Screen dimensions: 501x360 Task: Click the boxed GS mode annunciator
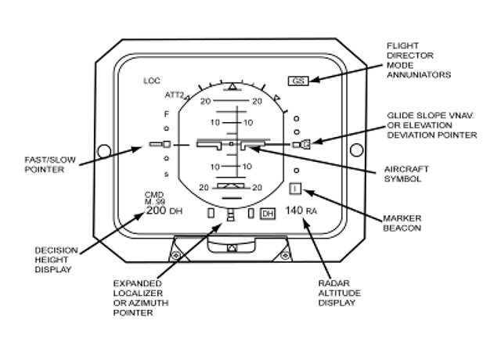(298, 81)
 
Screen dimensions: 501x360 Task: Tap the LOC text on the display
(152, 81)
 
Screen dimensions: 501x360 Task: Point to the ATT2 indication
(175, 95)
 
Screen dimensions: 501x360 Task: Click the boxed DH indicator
(268, 214)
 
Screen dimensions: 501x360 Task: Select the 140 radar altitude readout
(294, 211)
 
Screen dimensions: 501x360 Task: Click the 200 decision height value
(157, 211)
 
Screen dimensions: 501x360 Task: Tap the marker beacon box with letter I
(295, 189)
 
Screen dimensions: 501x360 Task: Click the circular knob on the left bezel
(104, 151)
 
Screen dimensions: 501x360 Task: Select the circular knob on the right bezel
(357, 149)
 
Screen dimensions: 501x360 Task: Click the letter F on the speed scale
(167, 114)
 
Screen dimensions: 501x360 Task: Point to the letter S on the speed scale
(167, 175)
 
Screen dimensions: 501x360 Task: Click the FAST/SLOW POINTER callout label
(50, 164)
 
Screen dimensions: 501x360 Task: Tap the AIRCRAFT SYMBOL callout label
(406, 174)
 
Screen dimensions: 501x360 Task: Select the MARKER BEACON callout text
(402, 223)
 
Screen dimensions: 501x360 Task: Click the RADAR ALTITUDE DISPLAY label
(339, 293)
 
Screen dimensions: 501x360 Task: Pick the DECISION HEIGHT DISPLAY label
(56, 260)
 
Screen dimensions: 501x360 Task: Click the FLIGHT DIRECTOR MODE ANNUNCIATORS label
(419, 60)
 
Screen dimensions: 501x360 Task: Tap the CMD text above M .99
(154, 195)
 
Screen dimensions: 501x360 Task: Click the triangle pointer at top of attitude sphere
(232, 86)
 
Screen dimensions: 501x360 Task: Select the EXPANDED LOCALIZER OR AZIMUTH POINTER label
(141, 298)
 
